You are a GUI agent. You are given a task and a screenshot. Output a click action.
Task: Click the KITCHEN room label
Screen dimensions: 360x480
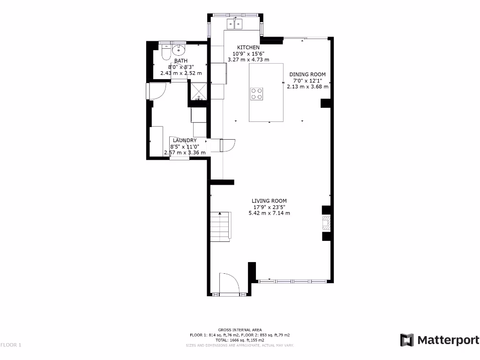(248, 47)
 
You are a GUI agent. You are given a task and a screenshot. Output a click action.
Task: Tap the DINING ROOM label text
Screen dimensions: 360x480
(307, 75)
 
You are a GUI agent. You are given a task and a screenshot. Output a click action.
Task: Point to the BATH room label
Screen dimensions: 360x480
(181, 61)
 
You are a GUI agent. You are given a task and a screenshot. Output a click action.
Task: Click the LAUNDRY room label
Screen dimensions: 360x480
(184, 141)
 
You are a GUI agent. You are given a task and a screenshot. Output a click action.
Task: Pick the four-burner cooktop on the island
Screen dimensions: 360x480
(256, 94)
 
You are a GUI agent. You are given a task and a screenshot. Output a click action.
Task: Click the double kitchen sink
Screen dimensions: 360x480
(235, 23)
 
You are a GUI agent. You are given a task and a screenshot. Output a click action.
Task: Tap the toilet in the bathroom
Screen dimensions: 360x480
(165, 52)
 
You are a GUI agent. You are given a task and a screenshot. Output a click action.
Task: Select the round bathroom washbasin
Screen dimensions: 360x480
(179, 50)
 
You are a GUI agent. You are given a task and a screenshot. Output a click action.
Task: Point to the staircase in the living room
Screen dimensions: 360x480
(220, 226)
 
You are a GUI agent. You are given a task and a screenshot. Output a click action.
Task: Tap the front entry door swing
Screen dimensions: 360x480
(229, 283)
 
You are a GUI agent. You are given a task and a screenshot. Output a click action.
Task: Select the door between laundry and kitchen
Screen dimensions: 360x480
(228, 145)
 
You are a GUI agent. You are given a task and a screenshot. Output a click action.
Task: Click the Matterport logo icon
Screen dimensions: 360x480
(406, 340)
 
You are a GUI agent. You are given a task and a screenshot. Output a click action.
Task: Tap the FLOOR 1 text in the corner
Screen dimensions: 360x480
(11, 345)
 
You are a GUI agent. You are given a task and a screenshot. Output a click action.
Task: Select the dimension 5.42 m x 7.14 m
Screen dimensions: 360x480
(269, 213)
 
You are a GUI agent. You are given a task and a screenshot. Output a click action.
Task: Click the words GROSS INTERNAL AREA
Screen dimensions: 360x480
(240, 330)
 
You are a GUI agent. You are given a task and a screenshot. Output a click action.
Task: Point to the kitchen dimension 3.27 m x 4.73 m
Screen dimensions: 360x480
(248, 60)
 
